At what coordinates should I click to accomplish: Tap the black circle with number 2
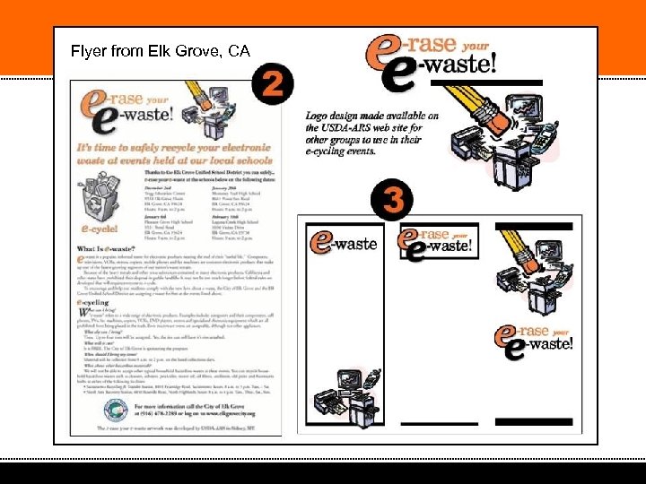(275, 86)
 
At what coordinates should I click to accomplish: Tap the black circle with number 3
(392, 199)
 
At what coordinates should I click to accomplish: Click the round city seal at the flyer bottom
(115, 411)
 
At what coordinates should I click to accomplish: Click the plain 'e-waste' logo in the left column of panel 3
(344, 242)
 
